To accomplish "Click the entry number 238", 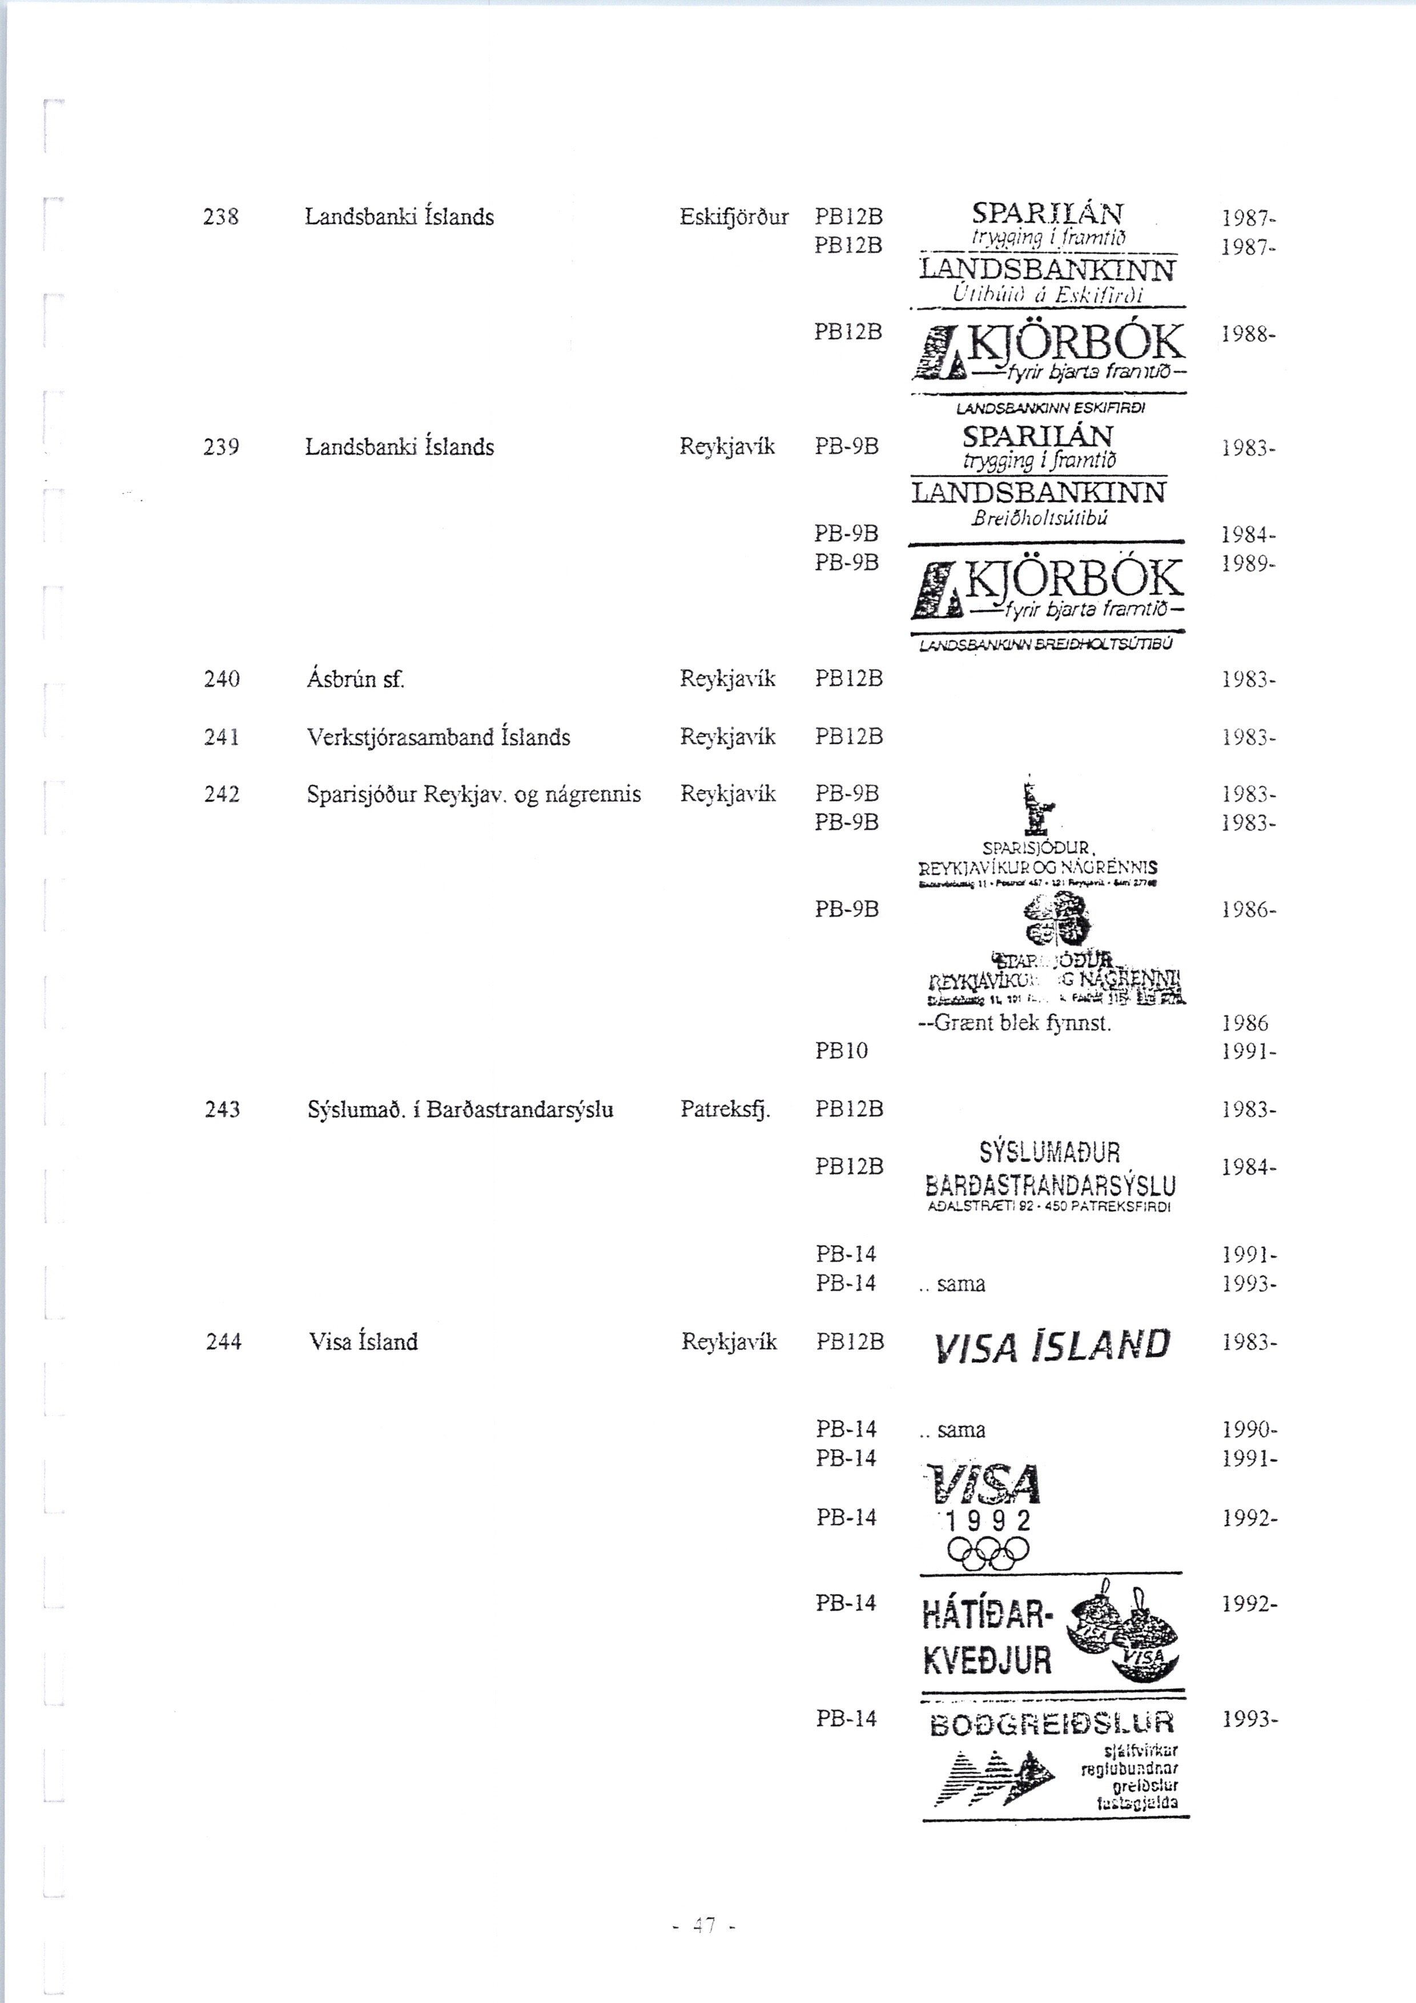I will point(221,217).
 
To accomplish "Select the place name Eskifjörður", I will point(734,217).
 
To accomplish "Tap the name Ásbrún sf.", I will point(356,679).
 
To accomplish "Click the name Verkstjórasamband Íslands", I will point(438,737).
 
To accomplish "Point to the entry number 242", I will point(222,794).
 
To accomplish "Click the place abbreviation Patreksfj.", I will point(726,1109).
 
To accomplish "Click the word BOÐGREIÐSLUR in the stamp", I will point(1052,1724).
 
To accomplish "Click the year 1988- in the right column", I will point(1249,334).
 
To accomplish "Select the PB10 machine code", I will point(842,1051).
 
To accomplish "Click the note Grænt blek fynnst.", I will point(1015,1023).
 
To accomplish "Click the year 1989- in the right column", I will point(1249,564).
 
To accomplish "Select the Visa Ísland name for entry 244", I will point(363,1342).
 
